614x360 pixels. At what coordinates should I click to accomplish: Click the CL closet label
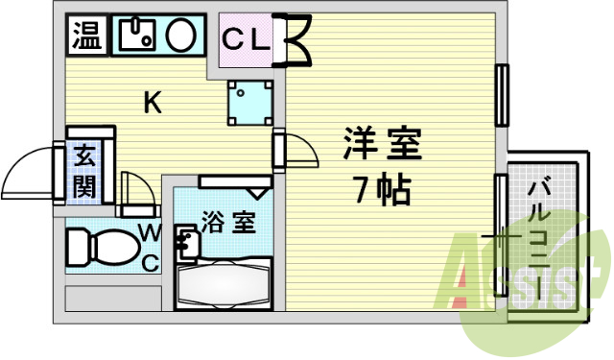point(248,39)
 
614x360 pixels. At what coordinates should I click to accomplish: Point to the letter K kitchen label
point(152,102)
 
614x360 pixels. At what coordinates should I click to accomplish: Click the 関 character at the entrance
point(84,185)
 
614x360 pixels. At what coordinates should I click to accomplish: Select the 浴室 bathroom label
point(228,224)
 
